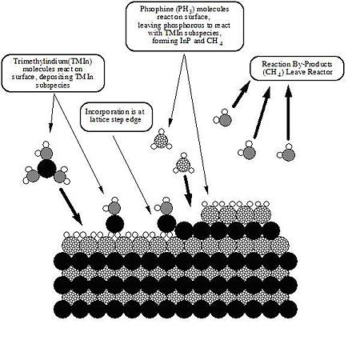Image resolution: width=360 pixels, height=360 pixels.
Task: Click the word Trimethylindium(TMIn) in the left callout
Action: (x=53, y=61)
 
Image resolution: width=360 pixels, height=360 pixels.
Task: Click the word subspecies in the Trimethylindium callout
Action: (x=53, y=85)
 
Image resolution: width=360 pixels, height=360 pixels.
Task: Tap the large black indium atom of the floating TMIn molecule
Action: (x=47, y=169)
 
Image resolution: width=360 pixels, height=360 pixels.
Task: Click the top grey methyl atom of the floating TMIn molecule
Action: (x=47, y=153)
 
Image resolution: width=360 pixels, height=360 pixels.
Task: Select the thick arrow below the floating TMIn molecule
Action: (x=70, y=206)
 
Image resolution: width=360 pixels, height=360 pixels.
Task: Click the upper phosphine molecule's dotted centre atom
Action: (x=162, y=140)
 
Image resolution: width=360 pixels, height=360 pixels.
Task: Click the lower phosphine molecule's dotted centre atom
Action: (x=183, y=165)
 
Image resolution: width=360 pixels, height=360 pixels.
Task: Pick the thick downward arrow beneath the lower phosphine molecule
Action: (x=188, y=190)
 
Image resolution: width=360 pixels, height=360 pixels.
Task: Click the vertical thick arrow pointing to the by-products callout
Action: (x=288, y=113)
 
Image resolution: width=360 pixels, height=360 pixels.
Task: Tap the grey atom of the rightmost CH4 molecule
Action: (x=289, y=154)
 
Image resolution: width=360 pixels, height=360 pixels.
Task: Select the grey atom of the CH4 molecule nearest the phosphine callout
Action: (x=225, y=120)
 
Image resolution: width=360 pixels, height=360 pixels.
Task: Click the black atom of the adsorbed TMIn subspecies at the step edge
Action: (x=166, y=223)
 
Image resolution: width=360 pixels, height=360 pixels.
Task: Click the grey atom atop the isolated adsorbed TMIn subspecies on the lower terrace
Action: (x=114, y=208)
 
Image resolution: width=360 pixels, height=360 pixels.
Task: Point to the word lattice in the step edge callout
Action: (x=99, y=119)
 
